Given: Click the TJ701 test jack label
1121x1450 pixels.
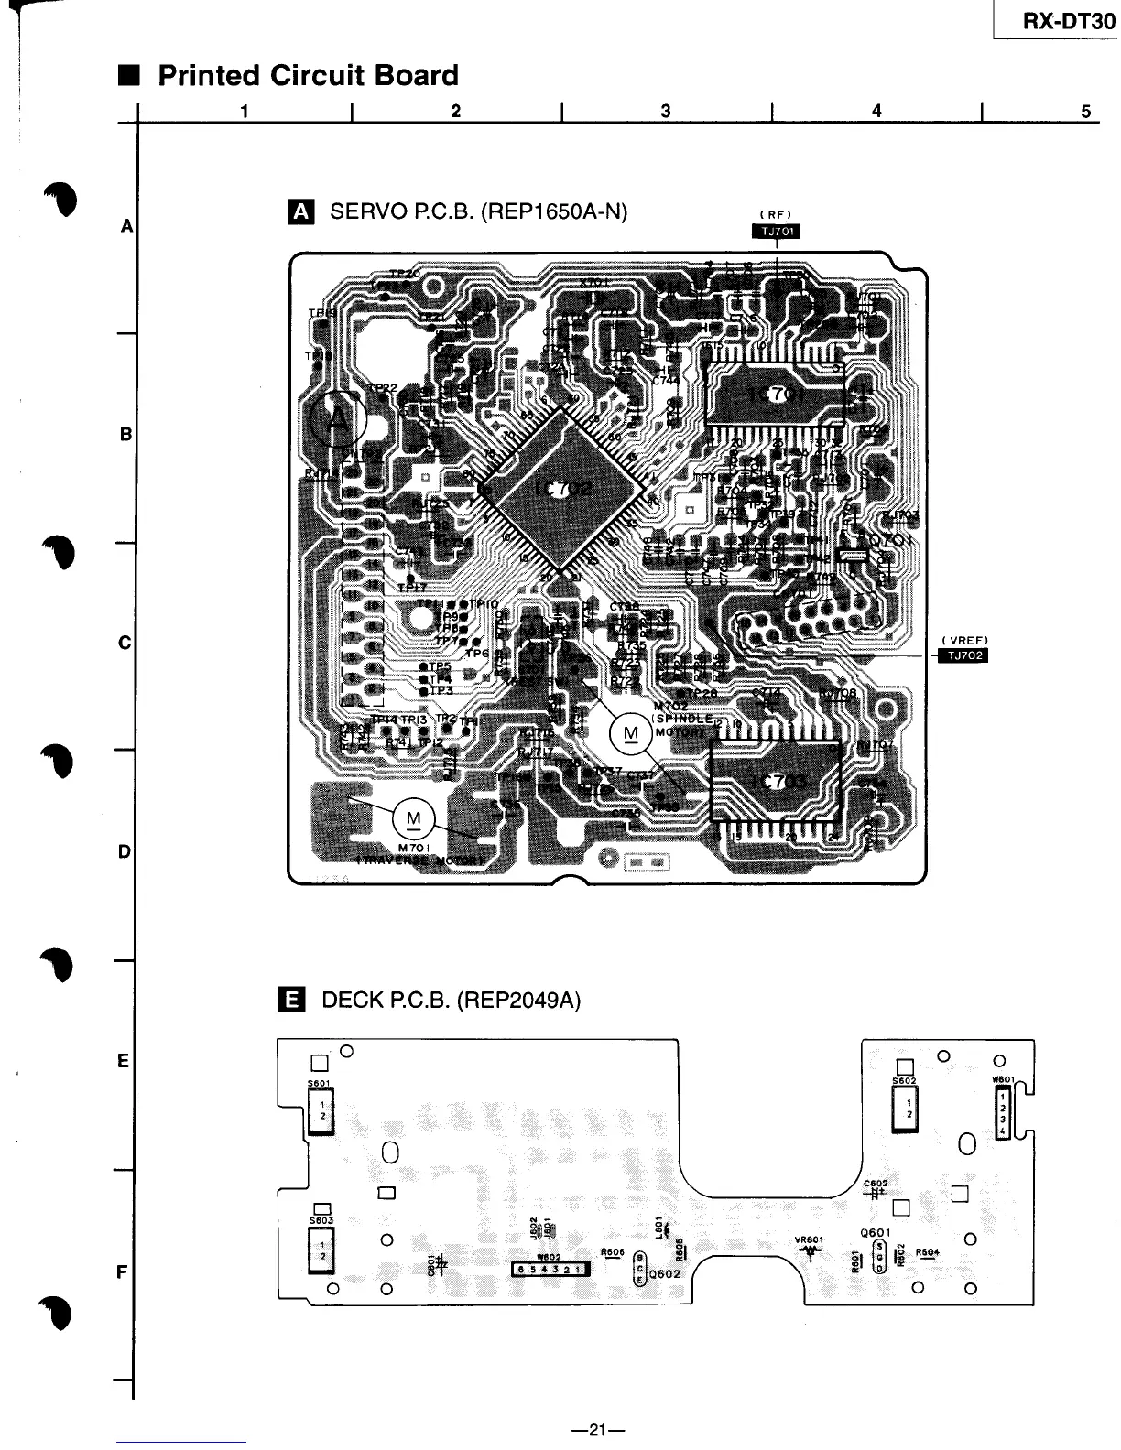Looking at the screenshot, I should [775, 231].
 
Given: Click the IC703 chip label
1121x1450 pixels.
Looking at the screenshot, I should [778, 781].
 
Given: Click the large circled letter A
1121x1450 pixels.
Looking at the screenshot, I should [337, 420].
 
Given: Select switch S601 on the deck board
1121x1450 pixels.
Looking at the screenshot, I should [321, 1110].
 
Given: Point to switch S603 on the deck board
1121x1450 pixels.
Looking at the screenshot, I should [321, 1250].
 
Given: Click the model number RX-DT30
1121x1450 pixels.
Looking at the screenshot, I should [1068, 21].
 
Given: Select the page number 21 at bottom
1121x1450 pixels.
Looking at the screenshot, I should [597, 1429].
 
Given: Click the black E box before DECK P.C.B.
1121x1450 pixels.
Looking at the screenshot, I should [290, 999].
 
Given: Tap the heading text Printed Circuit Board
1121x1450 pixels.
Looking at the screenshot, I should [308, 75].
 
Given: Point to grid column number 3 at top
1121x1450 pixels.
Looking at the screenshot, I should [666, 111].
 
